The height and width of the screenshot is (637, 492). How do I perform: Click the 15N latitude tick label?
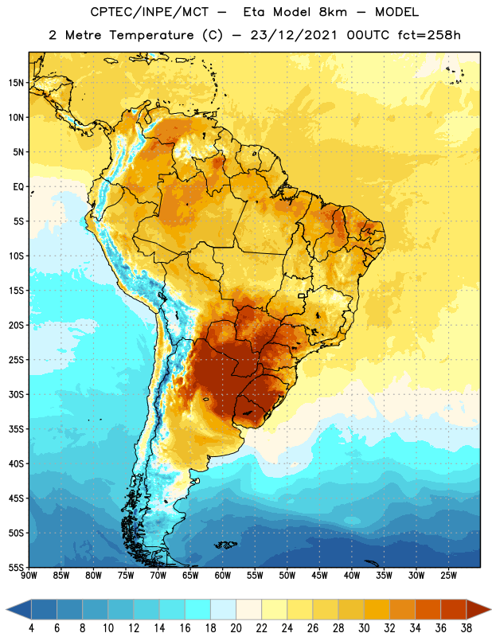pos(16,83)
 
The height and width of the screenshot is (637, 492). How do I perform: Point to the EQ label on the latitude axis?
pos(18,187)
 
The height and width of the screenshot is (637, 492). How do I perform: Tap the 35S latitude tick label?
pos(16,429)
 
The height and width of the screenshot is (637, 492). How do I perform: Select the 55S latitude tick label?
pos(16,567)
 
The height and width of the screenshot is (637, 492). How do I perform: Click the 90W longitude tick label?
pos(29,576)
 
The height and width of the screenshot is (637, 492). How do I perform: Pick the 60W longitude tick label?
pos(223,576)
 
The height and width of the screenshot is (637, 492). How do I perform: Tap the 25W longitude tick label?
pos(448,576)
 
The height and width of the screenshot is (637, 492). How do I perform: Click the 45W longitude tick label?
pos(319,576)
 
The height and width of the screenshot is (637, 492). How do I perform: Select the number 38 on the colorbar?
pos(466,628)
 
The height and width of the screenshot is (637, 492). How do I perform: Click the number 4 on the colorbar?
pos(31,628)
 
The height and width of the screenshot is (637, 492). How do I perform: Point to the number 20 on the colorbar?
pos(236,628)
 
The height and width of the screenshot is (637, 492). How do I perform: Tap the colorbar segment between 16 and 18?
pos(198,609)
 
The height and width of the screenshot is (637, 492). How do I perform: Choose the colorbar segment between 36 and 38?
pos(454,609)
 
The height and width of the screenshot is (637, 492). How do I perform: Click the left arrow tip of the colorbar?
pos(6,609)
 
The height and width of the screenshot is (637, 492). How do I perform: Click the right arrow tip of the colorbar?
pos(491,609)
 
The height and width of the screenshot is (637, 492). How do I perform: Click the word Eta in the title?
pos(254,12)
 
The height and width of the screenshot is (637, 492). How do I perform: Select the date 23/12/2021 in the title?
pos(294,35)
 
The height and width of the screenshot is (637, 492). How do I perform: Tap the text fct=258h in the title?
pos(429,35)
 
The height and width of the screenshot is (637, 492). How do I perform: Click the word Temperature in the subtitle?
pos(151,35)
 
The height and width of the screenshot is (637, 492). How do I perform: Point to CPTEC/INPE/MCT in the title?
pos(149,12)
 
